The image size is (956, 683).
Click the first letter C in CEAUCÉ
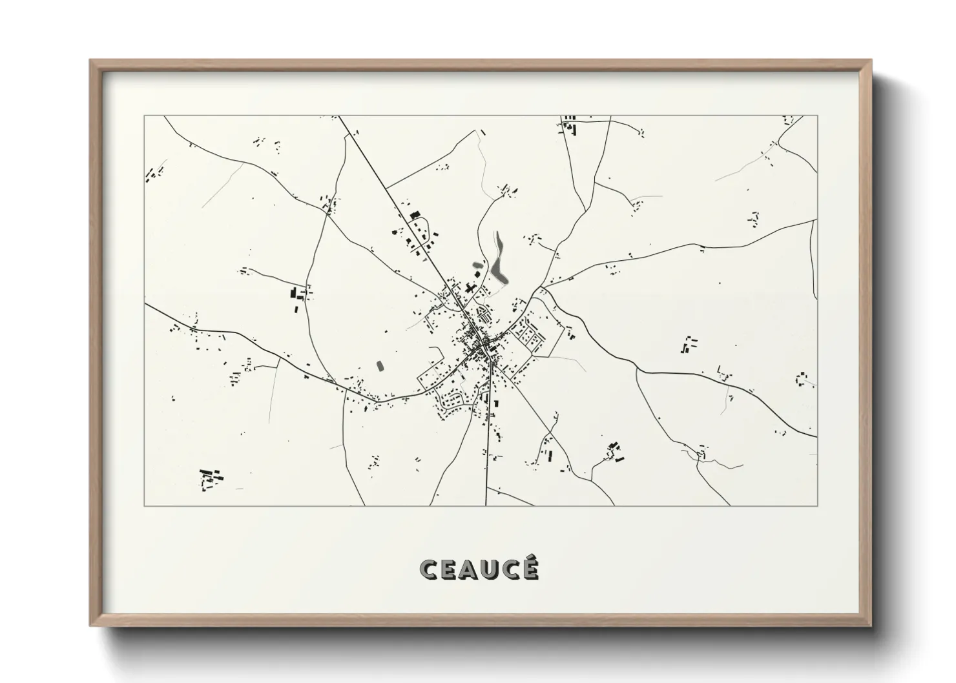tap(430, 569)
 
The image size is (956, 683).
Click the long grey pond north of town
tap(498, 259)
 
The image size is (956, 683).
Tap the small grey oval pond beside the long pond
tap(478, 265)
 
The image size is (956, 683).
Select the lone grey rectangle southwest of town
tap(380, 365)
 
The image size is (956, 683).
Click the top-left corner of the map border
tap(145, 116)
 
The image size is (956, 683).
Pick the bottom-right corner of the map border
tap(817, 505)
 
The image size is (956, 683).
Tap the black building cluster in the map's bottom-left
tap(211, 478)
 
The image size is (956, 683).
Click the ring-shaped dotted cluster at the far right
tap(802, 378)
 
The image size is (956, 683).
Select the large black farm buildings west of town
tap(298, 297)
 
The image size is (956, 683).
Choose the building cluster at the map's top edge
tap(570, 125)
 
